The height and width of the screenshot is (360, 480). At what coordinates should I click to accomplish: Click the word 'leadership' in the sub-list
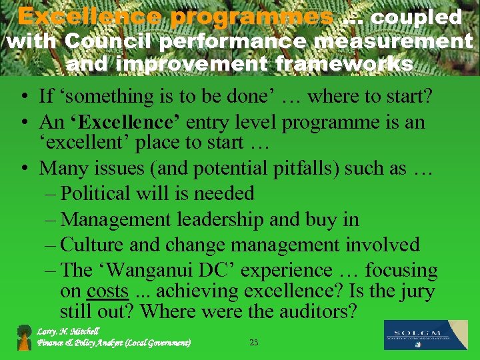coord(215,219)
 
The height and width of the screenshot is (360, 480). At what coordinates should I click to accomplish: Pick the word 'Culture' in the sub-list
coord(93,245)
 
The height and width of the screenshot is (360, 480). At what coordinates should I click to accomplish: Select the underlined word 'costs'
coord(107,291)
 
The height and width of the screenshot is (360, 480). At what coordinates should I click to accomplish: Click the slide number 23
coord(253,343)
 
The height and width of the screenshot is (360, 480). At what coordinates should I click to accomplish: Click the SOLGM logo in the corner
coord(426,335)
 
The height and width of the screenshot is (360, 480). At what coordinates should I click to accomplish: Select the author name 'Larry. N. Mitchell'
coord(68,331)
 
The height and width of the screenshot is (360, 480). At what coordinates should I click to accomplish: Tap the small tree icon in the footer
coord(25,337)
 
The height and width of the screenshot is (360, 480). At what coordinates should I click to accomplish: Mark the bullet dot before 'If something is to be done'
coord(23,97)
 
